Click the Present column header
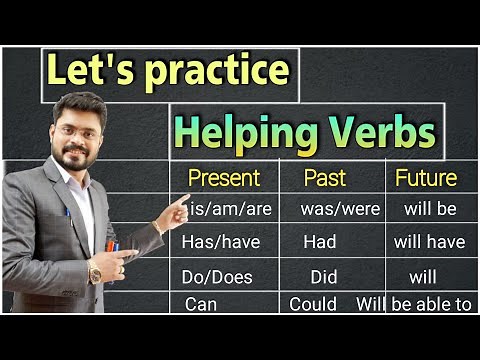[224, 179]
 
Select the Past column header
[325, 179]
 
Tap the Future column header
[426, 179]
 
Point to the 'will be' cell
[430, 210]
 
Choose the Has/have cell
[217, 241]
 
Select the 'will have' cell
[429, 241]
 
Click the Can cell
[200, 303]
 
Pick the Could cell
[313, 303]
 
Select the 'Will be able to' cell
[413, 303]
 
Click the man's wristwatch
[95, 271]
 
